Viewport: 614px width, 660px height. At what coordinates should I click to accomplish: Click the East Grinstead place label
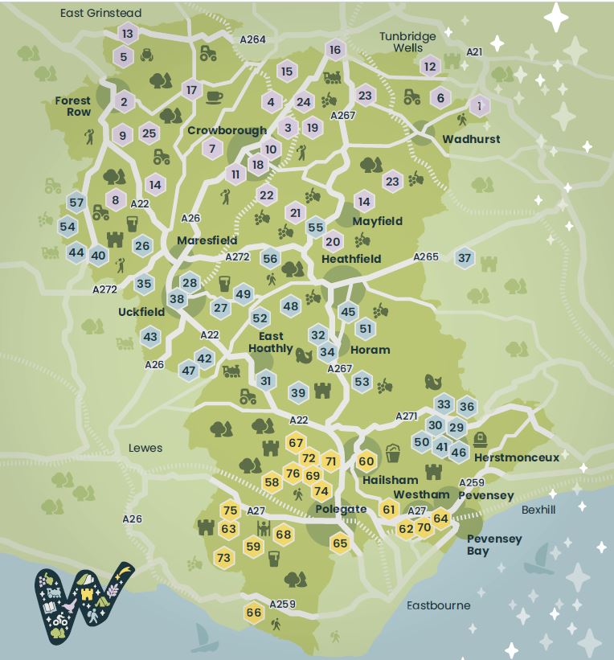100,14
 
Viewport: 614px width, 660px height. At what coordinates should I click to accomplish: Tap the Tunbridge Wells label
408,42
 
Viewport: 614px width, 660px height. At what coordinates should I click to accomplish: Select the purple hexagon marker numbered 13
127,34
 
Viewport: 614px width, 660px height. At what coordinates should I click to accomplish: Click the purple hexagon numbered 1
479,105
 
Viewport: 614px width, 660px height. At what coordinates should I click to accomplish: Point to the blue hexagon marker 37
465,258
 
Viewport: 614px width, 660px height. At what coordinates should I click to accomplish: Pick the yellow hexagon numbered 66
254,613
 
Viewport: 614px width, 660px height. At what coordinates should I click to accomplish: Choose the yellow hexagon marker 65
340,543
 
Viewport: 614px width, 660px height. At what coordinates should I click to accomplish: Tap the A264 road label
252,39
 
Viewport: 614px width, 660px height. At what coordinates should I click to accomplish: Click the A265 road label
426,256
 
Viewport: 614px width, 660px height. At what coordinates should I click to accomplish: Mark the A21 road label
474,51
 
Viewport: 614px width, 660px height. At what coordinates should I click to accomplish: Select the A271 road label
407,416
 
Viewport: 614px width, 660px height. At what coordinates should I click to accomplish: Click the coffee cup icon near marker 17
214,97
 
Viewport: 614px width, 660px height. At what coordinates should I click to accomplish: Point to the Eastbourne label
438,605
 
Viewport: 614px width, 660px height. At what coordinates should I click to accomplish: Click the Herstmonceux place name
516,457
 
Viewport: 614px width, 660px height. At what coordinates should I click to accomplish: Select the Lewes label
145,448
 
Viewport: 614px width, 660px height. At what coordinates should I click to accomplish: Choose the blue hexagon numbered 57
76,203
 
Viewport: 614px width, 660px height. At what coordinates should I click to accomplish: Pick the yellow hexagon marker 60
366,461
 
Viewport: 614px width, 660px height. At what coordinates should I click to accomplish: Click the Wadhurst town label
471,139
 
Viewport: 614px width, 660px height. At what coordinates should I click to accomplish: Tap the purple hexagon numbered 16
335,51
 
